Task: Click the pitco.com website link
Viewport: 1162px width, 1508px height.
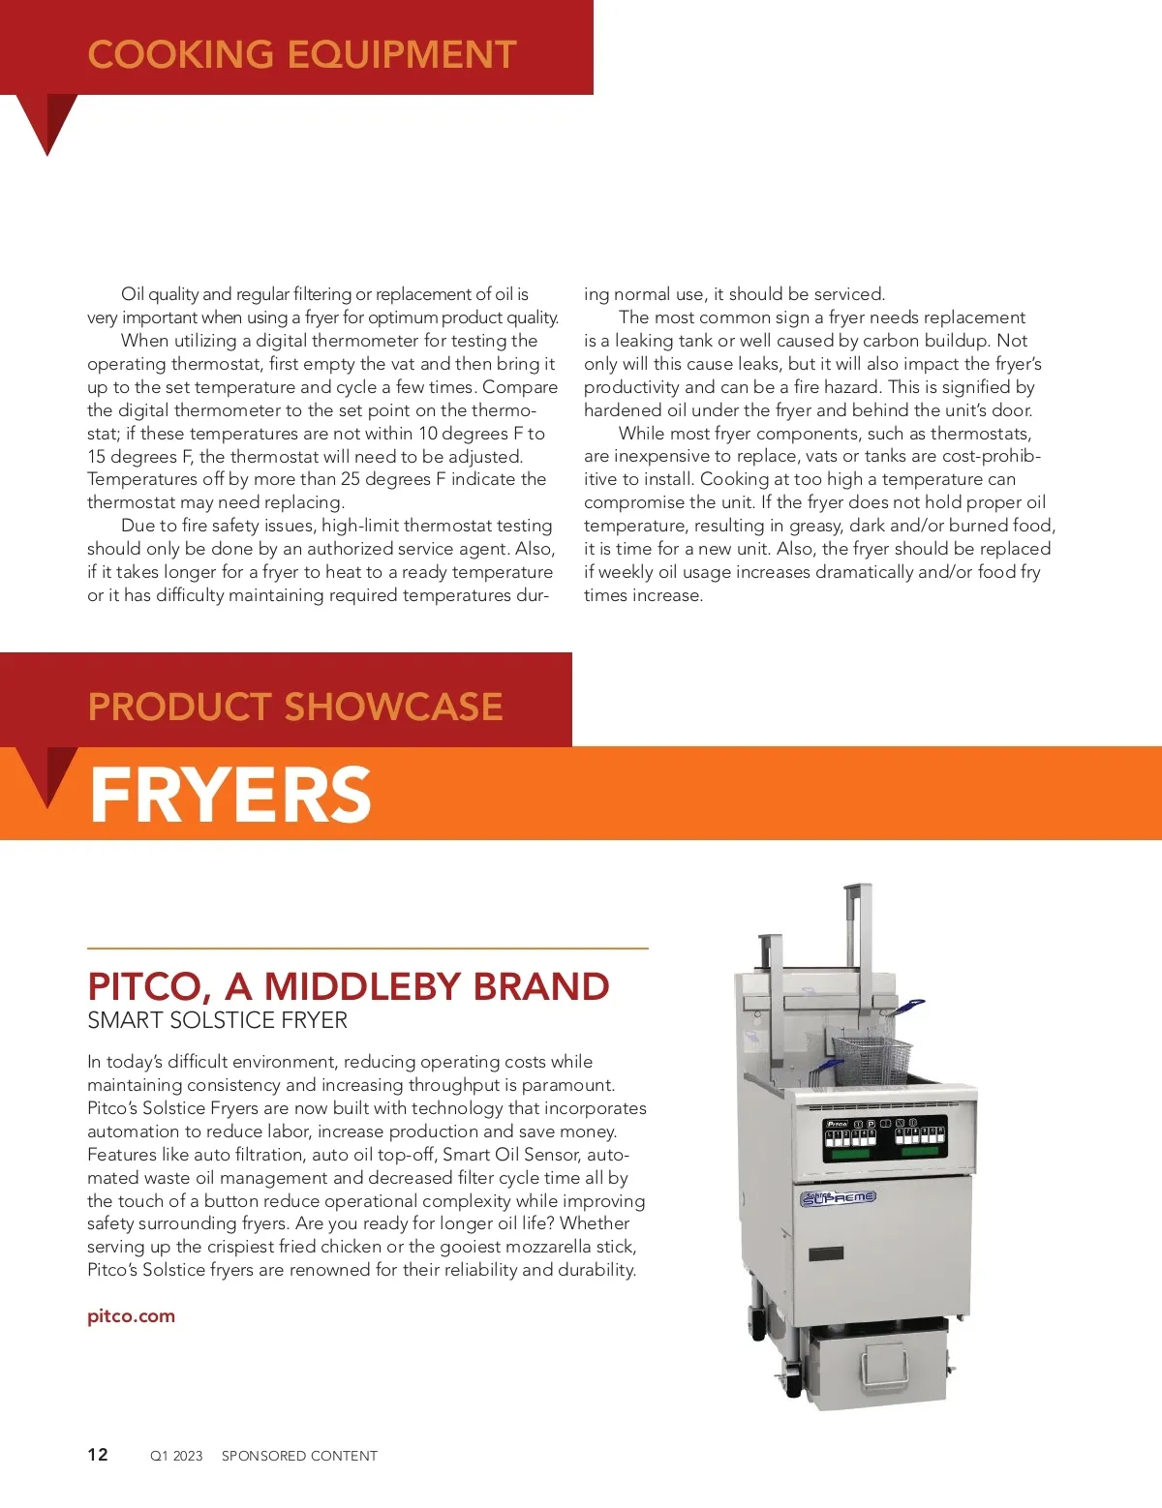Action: pyautogui.click(x=131, y=1316)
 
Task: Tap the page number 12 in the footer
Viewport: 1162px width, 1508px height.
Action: pyautogui.click(x=98, y=1455)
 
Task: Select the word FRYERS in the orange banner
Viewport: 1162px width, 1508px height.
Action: pyautogui.click(x=230, y=795)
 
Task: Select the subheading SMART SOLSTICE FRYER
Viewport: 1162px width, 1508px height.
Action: pyautogui.click(x=217, y=1020)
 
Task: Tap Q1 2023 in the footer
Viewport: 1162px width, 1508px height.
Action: pyautogui.click(x=176, y=1456)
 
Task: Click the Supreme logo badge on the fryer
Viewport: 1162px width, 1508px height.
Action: pyautogui.click(x=839, y=1197)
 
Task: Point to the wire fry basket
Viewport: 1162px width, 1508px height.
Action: pyautogui.click(x=871, y=1059)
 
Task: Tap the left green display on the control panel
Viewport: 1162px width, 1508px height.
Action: pyautogui.click(x=850, y=1155)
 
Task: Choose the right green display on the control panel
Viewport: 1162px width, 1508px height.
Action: pyautogui.click(x=919, y=1152)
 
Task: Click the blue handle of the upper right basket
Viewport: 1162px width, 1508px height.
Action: pyautogui.click(x=908, y=1007)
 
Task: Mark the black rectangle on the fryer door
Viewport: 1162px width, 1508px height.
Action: pyautogui.click(x=825, y=1253)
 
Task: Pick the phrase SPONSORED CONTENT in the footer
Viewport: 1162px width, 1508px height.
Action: pyautogui.click(x=299, y=1456)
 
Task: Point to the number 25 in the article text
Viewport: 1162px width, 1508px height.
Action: pyautogui.click(x=351, y=479)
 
